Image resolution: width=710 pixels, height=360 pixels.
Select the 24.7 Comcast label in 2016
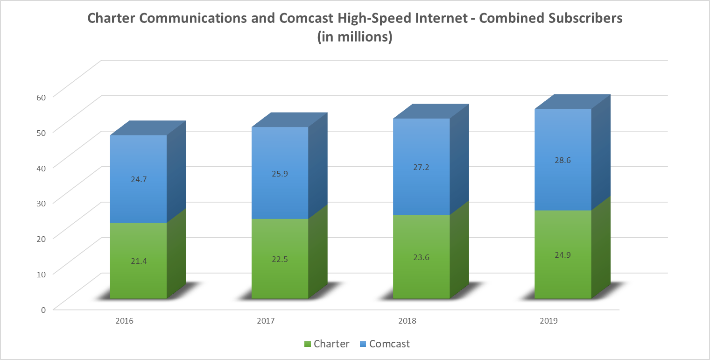(138, 178)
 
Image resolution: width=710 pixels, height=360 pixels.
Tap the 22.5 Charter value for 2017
(280, 260)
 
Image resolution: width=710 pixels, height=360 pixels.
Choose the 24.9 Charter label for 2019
(562, 254)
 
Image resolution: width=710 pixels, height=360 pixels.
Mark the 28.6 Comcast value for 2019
(562, 160)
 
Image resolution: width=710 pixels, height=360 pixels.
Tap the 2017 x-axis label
(265, 321)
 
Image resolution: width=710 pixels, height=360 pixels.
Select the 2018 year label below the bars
(407, 321)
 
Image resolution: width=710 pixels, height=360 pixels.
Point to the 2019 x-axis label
(548, 321)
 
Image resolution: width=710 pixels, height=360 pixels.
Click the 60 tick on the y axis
(41, 97)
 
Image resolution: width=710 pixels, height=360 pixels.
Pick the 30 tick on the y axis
(41, 203)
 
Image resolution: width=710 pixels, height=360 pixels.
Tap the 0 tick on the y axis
(43, 309)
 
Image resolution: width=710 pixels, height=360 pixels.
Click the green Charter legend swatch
(307, 345)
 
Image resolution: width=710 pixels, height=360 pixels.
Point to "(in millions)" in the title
(355, 37)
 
